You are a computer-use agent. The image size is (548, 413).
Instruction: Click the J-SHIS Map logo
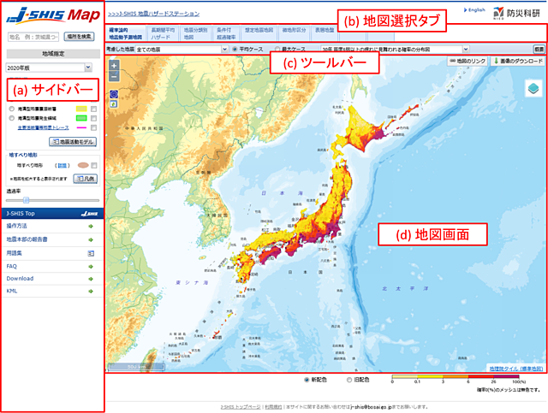click(x=52, y=15)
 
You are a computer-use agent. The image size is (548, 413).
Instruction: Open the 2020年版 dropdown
click(x=52, y=65)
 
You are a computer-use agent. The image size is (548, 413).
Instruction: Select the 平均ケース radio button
click(x=235, y=50)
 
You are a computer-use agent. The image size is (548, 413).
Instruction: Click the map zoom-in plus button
click(x=115, y=65)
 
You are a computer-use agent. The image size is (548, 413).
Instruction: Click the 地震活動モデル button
click(x=74, y=141)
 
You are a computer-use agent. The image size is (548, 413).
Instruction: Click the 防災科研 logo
click(x=518, y=15)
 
